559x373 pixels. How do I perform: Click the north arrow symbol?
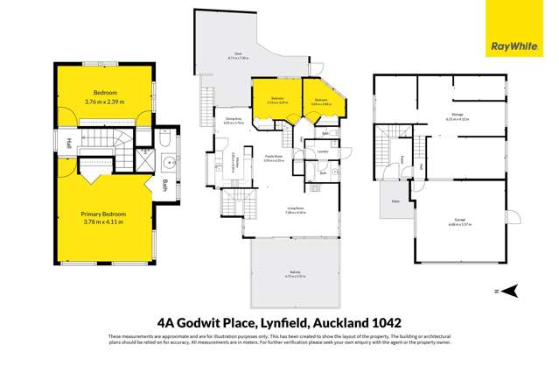(x=514, y=291)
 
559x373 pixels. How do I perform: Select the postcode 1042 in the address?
(x=383, y=321)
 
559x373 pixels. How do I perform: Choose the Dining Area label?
(x=233, y=118)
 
